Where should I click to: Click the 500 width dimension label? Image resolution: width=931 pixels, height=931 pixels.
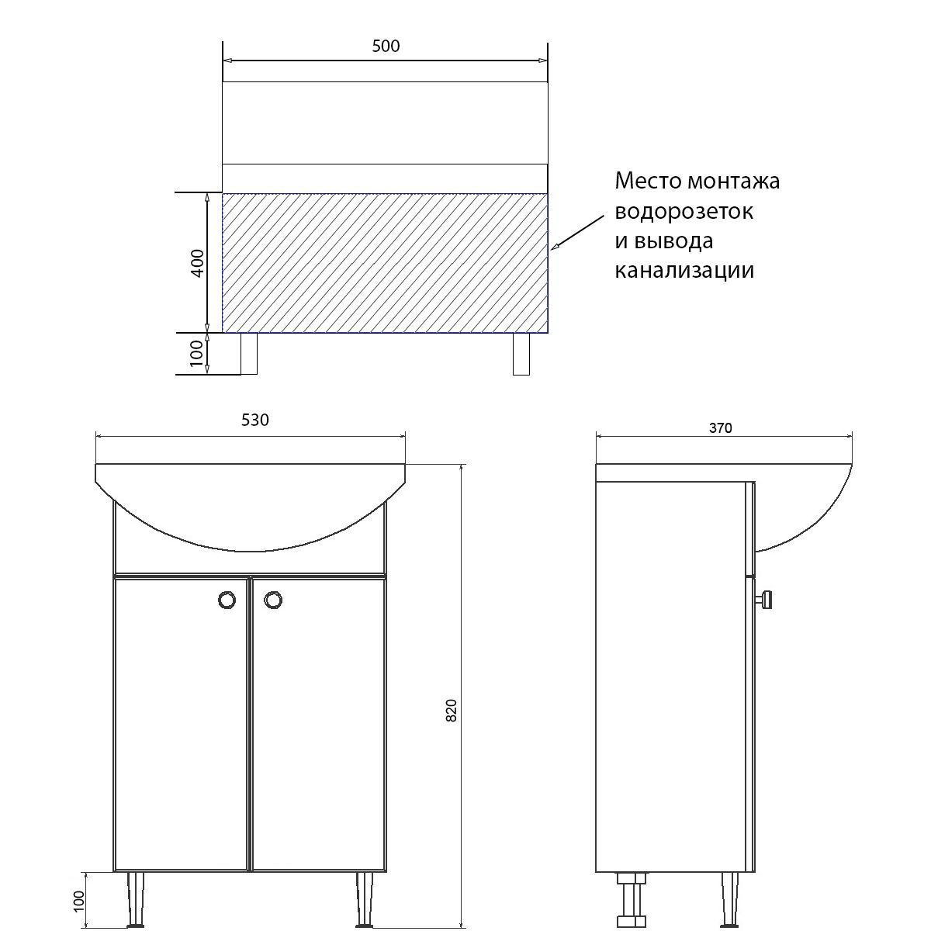click(x=386, y=46)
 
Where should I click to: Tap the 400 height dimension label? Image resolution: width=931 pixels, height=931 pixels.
click(x=198, y=263)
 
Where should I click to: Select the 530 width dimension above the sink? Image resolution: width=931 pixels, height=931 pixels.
click(x=254, y=420)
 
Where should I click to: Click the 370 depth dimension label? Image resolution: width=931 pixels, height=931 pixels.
click(x=720, y=428)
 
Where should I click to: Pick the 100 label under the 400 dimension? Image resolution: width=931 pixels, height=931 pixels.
click(x=196, y=353)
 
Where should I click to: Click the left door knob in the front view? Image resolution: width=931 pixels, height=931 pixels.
click(x=227, y=600)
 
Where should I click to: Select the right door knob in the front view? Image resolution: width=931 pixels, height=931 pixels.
click(x=273, y=600)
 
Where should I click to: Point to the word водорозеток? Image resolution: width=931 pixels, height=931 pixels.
click(x=684, y=212)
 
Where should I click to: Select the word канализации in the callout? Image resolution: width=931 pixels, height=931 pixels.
click(x=684, y=271)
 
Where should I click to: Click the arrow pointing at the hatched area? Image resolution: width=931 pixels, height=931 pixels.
click(x=578, y=233)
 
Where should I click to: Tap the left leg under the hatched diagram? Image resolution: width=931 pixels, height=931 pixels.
click(x=249, y=354)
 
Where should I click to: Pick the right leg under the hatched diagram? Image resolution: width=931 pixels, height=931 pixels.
click(x=521, y=354)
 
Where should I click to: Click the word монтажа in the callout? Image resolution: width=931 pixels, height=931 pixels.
click(x=733, y=182)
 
